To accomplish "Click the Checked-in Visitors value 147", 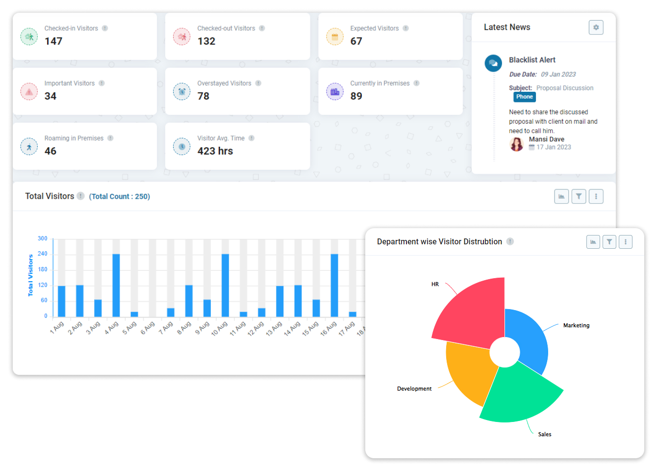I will coord(53,41).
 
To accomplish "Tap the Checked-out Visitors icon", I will coord(181,37).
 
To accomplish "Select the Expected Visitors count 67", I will coord(356,41).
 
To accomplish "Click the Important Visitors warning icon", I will coord(29,92).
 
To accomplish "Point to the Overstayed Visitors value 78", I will coord(203,96).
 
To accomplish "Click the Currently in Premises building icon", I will coord(335,92).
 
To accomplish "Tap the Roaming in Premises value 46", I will coord(51,151).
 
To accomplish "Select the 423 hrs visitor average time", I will coord(215,151).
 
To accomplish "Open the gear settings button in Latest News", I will coord(596,27).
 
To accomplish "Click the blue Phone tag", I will coord(524,97).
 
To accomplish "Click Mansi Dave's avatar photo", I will coord(516,144).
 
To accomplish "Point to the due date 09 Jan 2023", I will coord(558,75).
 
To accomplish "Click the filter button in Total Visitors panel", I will coord(579,196).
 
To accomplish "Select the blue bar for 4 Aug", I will coord(116,285).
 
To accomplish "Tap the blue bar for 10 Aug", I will coord(225,285).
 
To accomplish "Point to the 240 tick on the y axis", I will coord(43,254).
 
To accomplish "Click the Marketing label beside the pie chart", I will coord(576,325).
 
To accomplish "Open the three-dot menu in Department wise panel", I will coord(625,242).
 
